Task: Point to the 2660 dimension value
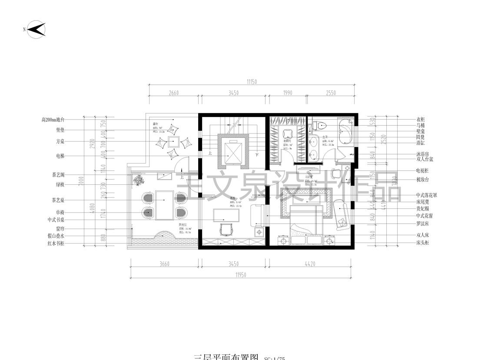coord(173,93)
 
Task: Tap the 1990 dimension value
coord(287,93)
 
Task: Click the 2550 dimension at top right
coord(331,93)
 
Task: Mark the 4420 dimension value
coord(310,263)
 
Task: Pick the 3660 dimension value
coord(164,263)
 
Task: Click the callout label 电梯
coord(60,156)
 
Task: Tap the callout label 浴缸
coord(421,142)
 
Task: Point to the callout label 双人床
coord(422,235)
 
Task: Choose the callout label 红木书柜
coord(56,243)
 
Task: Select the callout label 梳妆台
coord(422,179)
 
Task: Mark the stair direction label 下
coord(257,154)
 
